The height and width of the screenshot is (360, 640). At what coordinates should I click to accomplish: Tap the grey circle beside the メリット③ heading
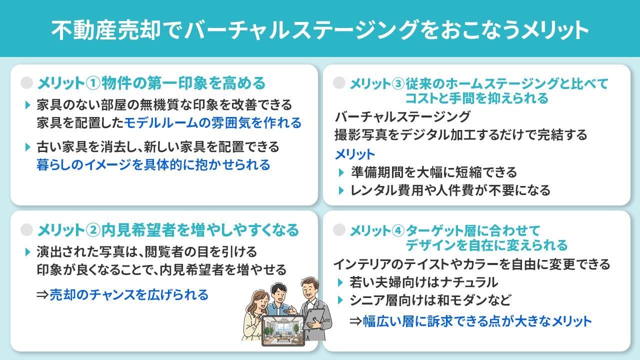tap(339, 82)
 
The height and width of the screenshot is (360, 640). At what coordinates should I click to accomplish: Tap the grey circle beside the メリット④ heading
tap(339, 229)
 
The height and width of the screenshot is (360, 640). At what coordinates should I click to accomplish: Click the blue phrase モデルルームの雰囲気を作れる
tap(212, 122)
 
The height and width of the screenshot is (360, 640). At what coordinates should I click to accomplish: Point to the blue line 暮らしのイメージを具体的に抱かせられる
tap(153, 164)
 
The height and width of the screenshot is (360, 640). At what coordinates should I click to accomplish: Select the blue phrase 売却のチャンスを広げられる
tap(129, 295)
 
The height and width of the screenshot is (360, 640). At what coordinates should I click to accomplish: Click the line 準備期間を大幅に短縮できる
tap(433, 172)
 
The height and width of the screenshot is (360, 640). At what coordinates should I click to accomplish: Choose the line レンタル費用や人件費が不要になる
tap(450, 190)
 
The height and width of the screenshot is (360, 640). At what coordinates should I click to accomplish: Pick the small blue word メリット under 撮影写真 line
tap(354, 154)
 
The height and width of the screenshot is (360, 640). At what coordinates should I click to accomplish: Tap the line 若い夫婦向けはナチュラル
tap(424, 282)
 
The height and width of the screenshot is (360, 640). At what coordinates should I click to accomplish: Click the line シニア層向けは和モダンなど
tap(431, 300)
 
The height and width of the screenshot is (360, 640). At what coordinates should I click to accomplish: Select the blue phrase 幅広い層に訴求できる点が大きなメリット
tap(477, 321)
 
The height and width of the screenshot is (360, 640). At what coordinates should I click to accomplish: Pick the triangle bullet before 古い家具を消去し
tap(28, 147)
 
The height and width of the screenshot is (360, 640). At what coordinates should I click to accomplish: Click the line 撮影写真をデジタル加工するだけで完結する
tap(460, 135)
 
